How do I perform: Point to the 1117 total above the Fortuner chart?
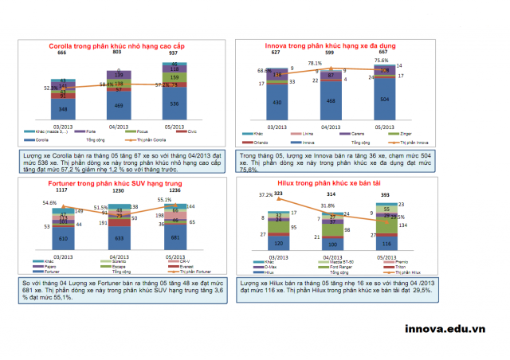point(61,192)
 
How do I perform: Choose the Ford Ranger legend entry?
point(346,268)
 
